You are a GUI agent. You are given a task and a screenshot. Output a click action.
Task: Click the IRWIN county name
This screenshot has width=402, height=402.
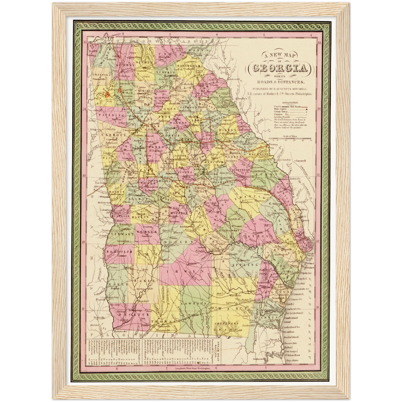point(184,270)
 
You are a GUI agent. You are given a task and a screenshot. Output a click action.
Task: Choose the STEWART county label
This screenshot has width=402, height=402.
point(119,235)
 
